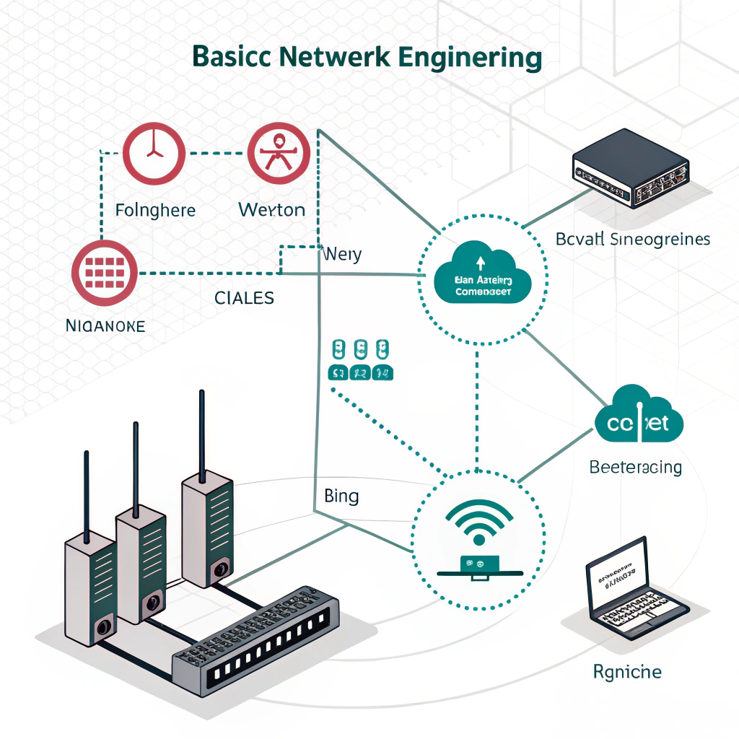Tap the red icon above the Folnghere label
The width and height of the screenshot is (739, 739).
coord(153,153)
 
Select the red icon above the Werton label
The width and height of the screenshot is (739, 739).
coord(279,153)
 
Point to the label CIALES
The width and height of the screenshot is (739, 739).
coord(245,297)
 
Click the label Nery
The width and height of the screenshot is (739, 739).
coord(344,255)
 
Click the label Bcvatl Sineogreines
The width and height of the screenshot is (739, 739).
coord(634,239)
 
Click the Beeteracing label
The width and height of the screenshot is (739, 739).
coord(635,467)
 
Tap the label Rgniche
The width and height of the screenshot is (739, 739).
coord(627,672)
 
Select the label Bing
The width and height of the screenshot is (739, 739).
coord(341,497)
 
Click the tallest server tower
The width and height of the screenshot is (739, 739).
coord(206,527)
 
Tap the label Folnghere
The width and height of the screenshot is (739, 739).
coord(155,211)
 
